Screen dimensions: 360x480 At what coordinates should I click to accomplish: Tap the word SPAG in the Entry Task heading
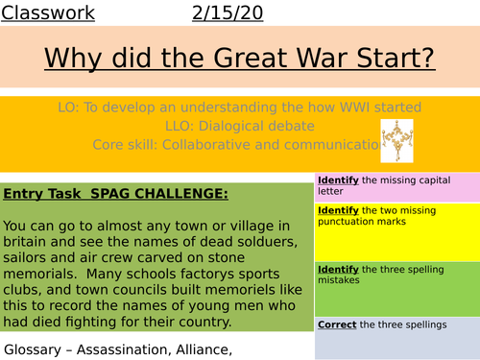[x=106, y=194]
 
